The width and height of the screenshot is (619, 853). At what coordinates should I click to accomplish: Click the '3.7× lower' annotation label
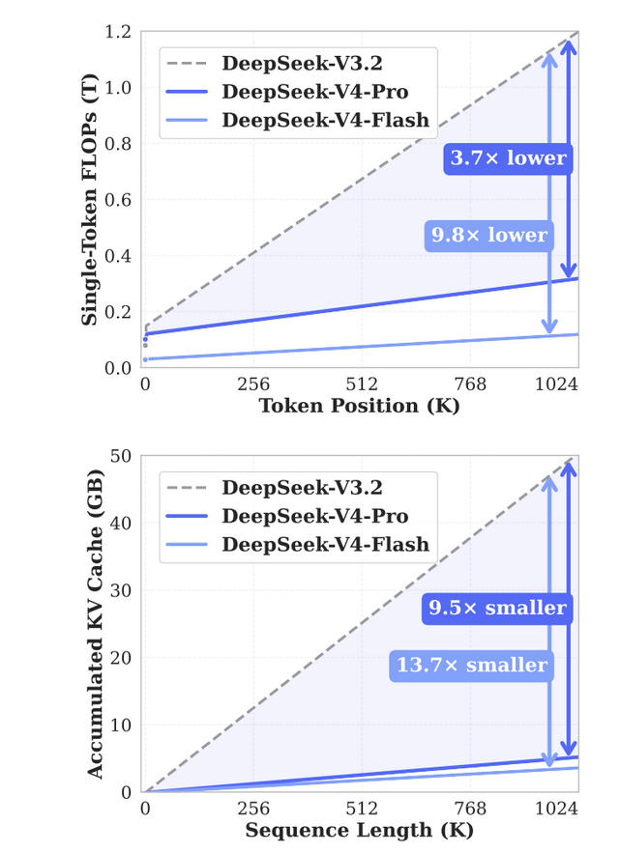pyautogui.click(x=506, y=158)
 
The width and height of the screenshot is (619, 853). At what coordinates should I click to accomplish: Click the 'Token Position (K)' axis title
pyautogui.click(x=359, y=406)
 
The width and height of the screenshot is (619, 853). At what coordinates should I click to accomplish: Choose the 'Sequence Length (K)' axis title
pyautogui.click(x=359, y=830)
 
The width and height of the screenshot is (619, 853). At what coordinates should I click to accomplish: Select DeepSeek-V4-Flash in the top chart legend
pyautogui.click(x=326, y=120)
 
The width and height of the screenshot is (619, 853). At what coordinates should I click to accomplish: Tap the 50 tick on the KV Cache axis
pyautogui.click(x=122, y=456)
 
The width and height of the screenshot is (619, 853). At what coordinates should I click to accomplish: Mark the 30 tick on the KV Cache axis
pyautogui.click(x=122, y=590)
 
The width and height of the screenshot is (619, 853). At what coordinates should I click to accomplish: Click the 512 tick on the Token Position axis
pyautogui.click(x=362, y=384)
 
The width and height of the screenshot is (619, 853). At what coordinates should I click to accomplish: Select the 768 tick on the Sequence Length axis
pyautogui.click(x=470, y=809)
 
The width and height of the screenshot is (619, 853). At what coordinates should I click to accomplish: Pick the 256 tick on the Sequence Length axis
pyautogui.click(x=253, y=809)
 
